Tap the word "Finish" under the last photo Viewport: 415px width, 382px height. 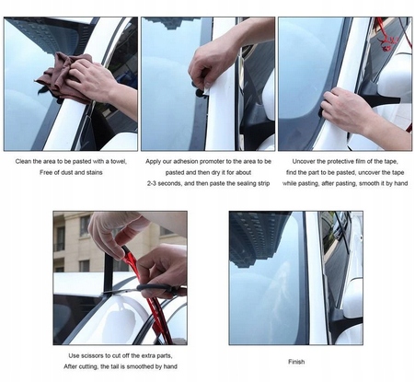pyautogui.click(x=296, y=362)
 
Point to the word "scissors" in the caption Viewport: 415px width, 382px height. pyautogui.click(x=92, y=355)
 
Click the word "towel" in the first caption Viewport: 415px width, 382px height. pyautogui.click(x=119, y=161)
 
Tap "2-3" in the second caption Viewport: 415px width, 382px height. pyautogui.click(x=152, y=183)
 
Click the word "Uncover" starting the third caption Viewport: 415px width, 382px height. pyautogui.click(x=303, y=161)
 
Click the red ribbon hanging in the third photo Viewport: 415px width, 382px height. pyautogui.click(x=387, y=37)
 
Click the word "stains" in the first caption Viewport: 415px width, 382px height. pyautogui.click(x=94, y=172)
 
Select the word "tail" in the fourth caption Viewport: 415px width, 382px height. pyautogui.click(x=117, y=366)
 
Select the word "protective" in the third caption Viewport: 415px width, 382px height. pyautogui.click(x=339, y=161)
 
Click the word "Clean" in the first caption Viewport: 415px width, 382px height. pyautogui.click(x=23, y=161)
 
